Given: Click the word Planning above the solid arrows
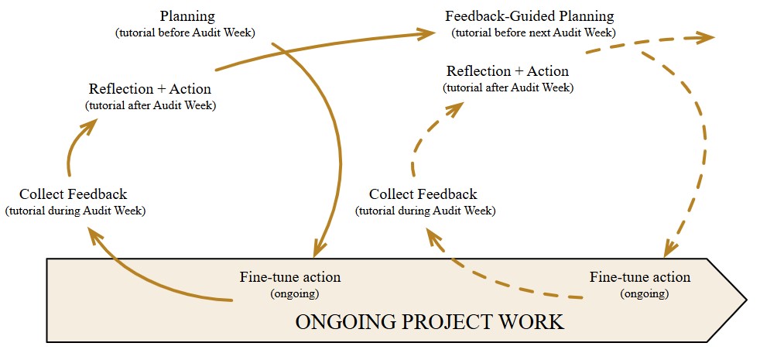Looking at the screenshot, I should pos(187,16).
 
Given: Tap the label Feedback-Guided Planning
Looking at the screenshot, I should pos(529,16).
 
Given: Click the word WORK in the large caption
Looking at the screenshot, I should pos(536,321).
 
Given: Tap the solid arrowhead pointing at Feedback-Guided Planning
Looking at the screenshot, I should pos(426,33).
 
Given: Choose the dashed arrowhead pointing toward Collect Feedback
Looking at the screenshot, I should pos(434,235).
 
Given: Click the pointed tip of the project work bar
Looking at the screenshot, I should pos(745,299).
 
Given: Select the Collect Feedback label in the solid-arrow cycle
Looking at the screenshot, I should pos(74,194).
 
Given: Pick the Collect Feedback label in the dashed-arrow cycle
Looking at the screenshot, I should pos(423,194).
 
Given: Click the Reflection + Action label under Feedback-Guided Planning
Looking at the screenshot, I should pos(508,71).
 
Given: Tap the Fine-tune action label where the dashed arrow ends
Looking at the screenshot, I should pos(640,277).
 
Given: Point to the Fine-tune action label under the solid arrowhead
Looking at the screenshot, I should pos(290,277).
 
